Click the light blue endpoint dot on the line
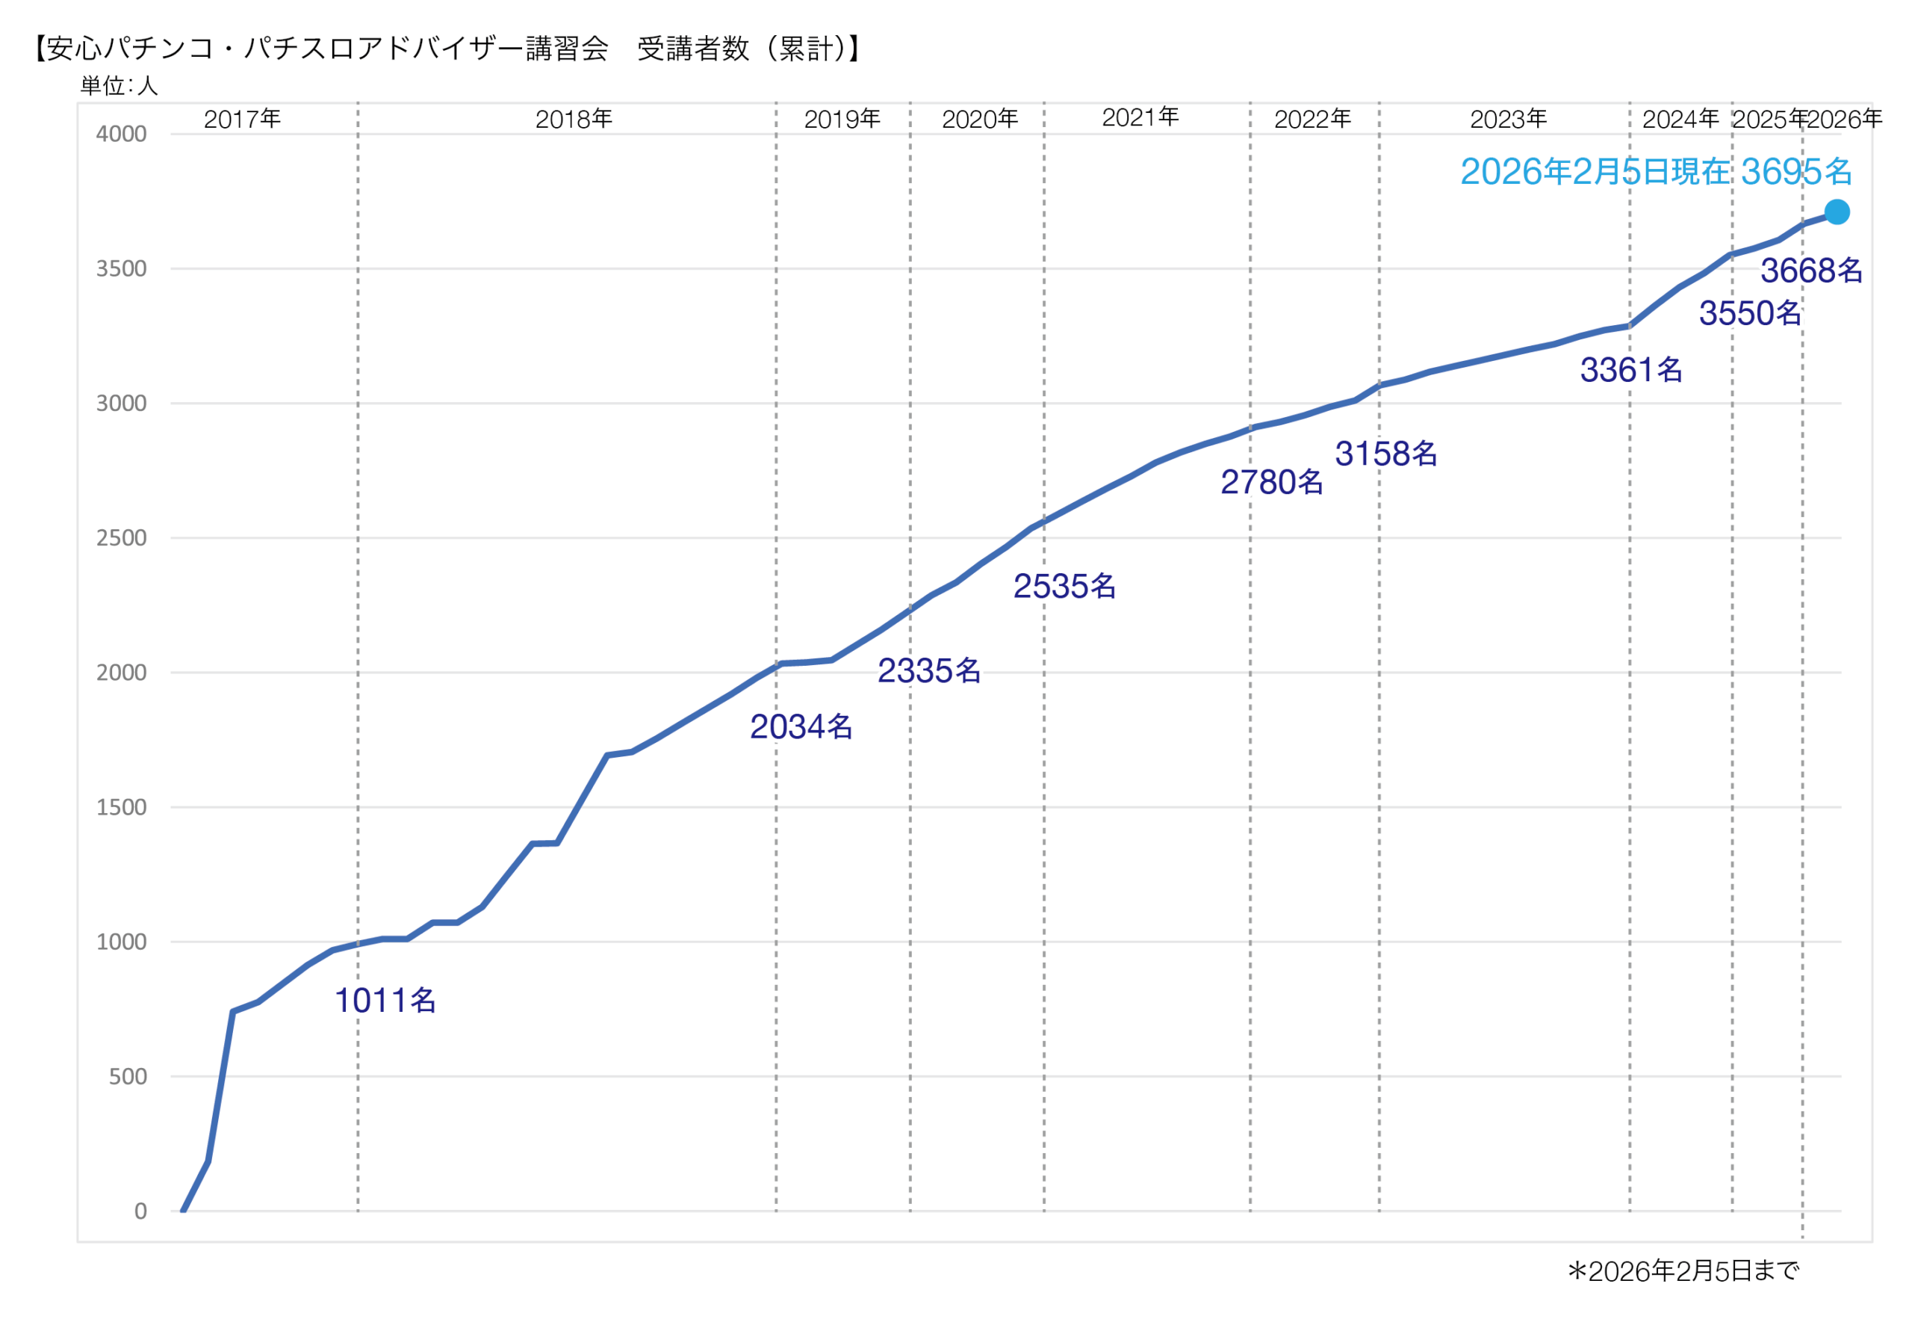pos(1837,212)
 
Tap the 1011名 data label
pos(385,1001)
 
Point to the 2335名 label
pos(929,670)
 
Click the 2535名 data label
pos(1064,587)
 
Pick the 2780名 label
pos(1272,482)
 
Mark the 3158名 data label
pos(1385,454)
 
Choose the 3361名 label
pos(1631,370)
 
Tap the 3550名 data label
pos(1750,314)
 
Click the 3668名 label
pos(1811,271)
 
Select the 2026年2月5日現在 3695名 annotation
pos(1656,173)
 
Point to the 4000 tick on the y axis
pos(122,134)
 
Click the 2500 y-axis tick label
pos(122,538)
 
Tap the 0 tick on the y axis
pos(140,1211)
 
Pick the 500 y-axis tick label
pos(128,1076)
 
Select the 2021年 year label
pos(1140,118)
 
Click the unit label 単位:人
pos(119,86)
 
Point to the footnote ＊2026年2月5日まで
pos(1683,1271)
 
